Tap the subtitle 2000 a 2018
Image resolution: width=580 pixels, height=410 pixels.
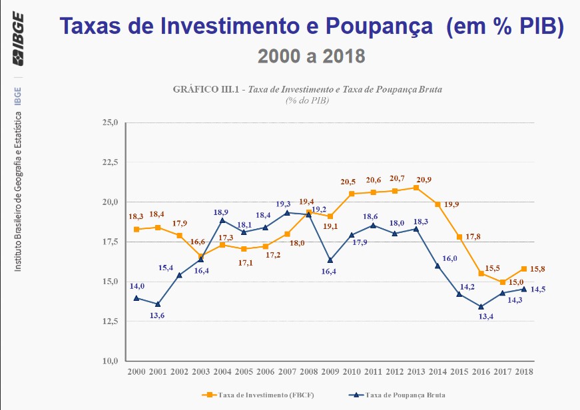[x=311, y=55]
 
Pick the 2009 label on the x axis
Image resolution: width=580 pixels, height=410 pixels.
[x=330, y=371]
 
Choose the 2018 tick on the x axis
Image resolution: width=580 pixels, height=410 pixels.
[x=524, y=371]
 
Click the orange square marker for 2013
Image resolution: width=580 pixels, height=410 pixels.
[x=416, y=188]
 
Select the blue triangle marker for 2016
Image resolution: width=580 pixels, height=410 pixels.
[x=481, y=307]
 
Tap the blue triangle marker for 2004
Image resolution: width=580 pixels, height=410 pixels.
[x=222, y=220]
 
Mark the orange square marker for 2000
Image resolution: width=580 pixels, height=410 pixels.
[x=136, y=229]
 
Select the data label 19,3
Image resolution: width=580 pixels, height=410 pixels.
[x=284, y=203]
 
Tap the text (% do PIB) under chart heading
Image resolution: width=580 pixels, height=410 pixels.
[x=308, y=100]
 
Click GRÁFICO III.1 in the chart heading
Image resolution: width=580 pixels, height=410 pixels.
[x=208, y=89]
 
